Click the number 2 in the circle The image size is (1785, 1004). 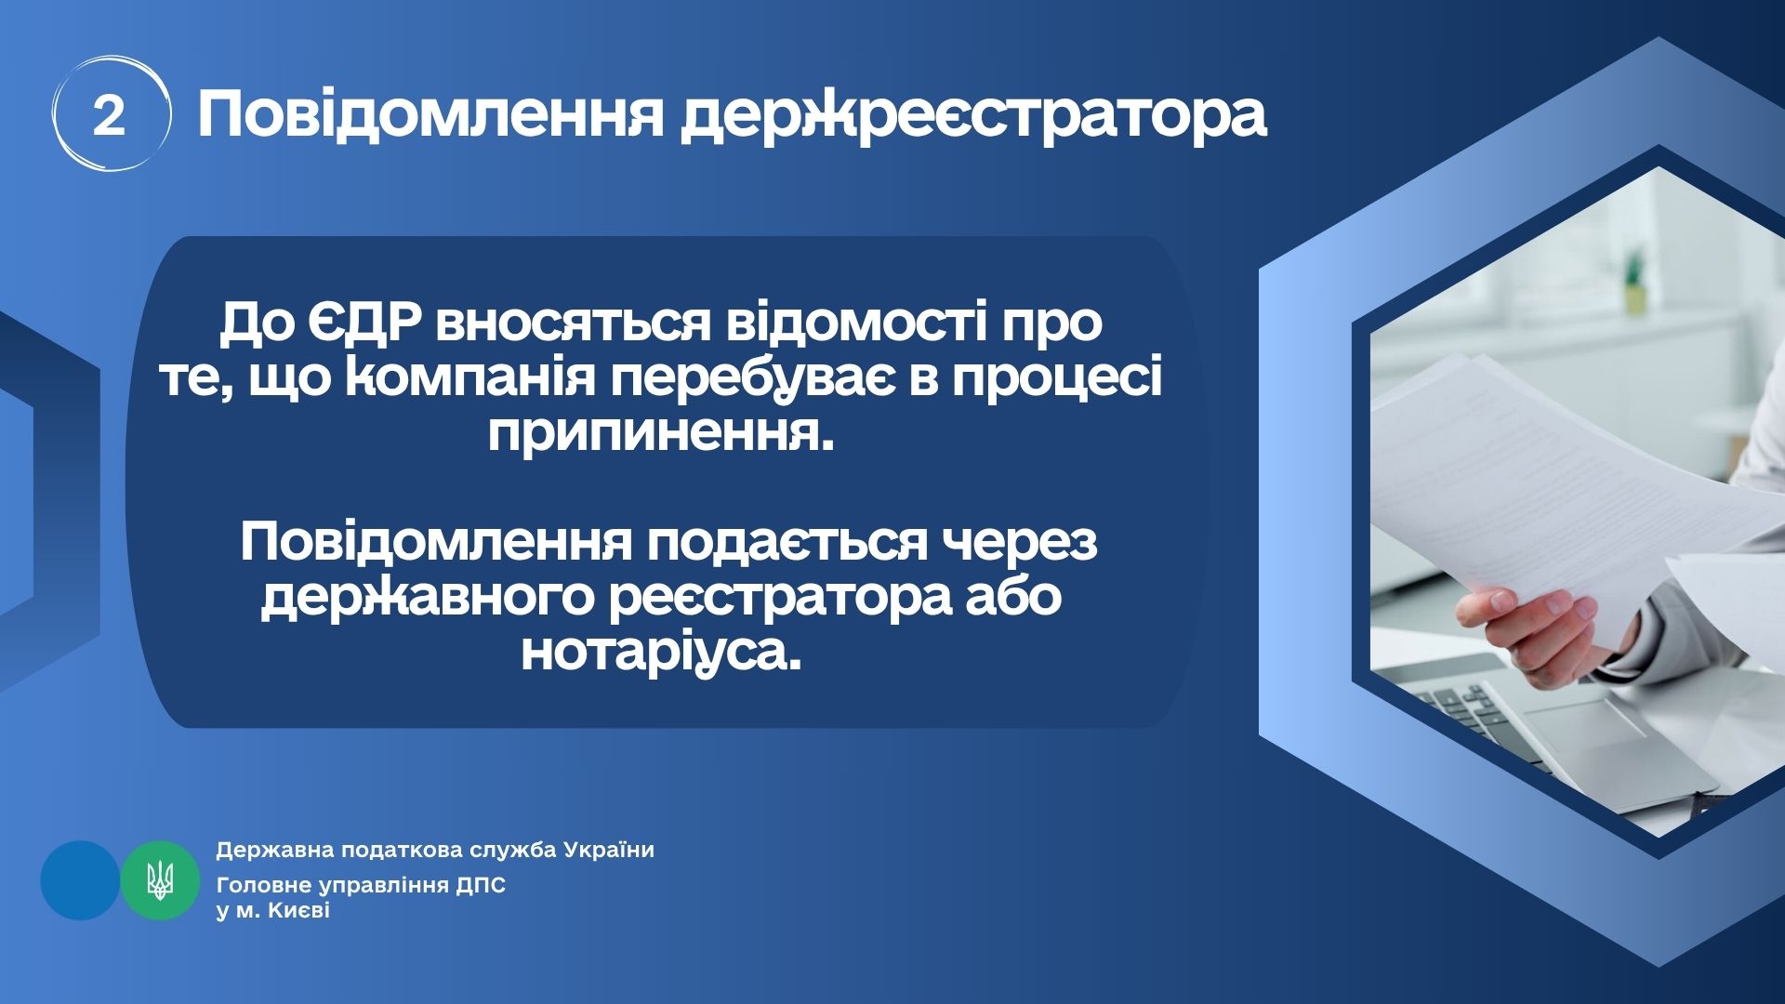(x=109, y=117)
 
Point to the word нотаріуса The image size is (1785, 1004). (x=661, y=653)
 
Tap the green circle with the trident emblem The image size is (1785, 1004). (x=160, y=880)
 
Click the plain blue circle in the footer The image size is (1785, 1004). (x=80, y=880)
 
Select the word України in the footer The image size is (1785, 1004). (x=609, y=850)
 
